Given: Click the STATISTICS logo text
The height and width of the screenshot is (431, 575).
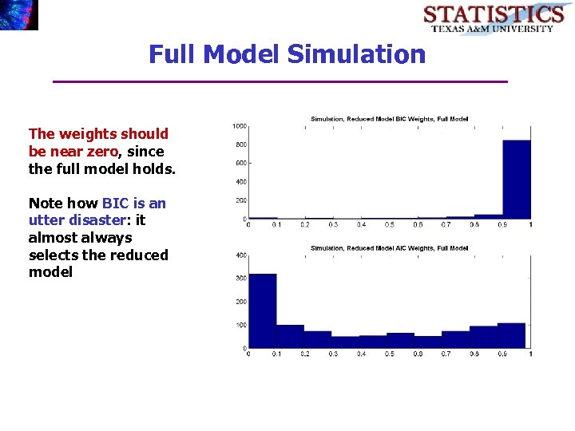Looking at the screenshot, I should click(493, 14).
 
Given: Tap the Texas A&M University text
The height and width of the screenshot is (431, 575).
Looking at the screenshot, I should click(492, 29).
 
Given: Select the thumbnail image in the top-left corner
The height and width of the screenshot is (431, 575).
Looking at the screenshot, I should click(18, 14).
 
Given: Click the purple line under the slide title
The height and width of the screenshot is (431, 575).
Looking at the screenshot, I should click(280, 81).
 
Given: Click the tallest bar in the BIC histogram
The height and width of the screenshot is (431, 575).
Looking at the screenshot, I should click(516, 179).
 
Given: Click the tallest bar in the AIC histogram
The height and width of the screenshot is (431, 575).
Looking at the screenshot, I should click(263, 311).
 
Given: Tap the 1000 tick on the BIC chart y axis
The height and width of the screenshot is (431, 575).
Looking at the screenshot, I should click(239, 126).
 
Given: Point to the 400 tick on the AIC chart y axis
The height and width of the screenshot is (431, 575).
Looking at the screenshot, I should click(240, 255).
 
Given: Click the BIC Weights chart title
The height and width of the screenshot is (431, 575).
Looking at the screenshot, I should click(389, 119).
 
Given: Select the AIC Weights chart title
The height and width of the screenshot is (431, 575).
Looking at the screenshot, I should click(389, 248).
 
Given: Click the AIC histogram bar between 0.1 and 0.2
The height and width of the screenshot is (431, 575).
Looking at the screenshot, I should click(291, 337).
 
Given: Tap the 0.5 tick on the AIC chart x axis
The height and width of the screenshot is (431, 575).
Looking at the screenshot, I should click(389, 354).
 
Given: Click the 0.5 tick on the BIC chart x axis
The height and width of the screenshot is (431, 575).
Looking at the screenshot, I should click(389, 224).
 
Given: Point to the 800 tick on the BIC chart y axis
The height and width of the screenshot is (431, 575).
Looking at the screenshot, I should click(240, 144).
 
